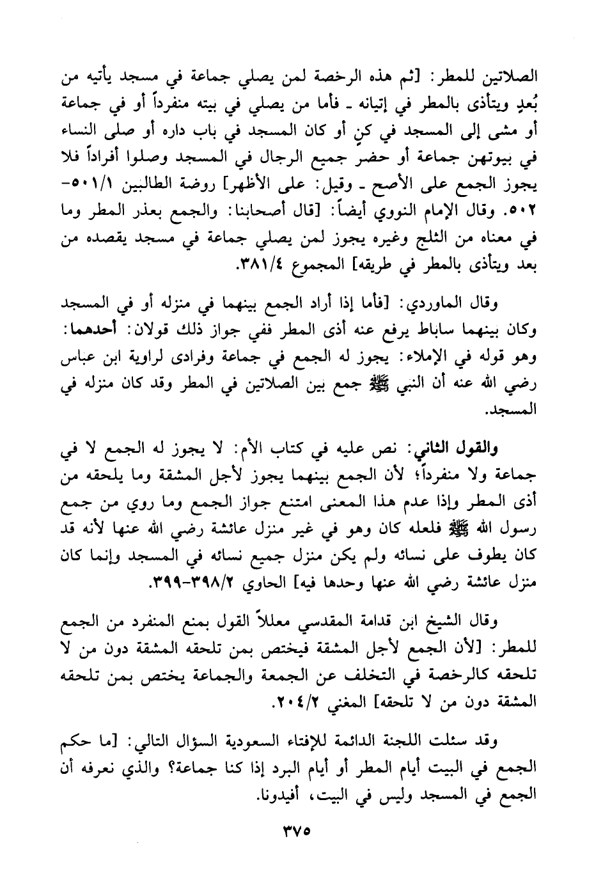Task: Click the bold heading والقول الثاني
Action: pyautogui.click(x=498, y=448)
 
